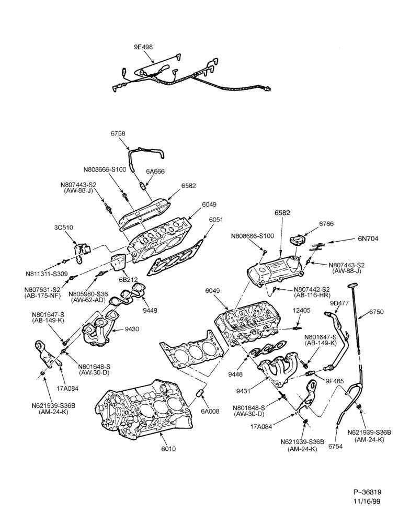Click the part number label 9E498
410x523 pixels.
click(x=143, y=47)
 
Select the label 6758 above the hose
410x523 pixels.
click(x=118, y=133)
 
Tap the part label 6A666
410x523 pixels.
click(x=155, y=172)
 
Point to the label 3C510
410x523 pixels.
click(x=63, y=228)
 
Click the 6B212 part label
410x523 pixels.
click(x=129, y=279)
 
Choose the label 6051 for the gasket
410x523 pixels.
click(x=216, y=220)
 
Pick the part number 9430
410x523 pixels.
click(x=132, y=329)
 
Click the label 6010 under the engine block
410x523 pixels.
click(x=168, y=449)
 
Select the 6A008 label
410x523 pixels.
click(x=210, y=411)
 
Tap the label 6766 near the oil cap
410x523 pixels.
click(x=326, y=224)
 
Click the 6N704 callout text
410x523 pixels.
click(x=368, y=239)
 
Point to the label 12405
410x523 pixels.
click(x=302, y=310)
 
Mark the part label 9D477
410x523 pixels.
click(x=339, y=303)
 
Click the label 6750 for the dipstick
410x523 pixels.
click(x=377, y=312)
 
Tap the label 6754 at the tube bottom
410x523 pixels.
click(x=335, y=447)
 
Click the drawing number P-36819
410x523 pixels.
click(x=367, y=492)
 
